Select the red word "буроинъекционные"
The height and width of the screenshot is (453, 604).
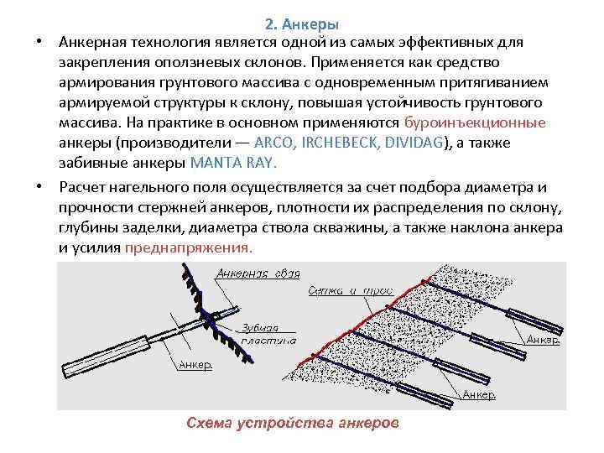pyautogui.click(x=475, y=122)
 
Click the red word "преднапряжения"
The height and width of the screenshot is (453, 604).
pyautogui.click(x=187, y=248)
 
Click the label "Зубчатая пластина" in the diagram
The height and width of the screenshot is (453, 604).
pyautogui.click(x=263, y=334)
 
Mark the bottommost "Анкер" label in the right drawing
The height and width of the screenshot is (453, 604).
pyautogui.click(x=479, y=394)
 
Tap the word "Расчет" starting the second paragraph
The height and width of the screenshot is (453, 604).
pyautogui.click(x=84, y=186)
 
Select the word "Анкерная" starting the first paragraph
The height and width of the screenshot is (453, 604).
pyautogui.click(x=94, y=42)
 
